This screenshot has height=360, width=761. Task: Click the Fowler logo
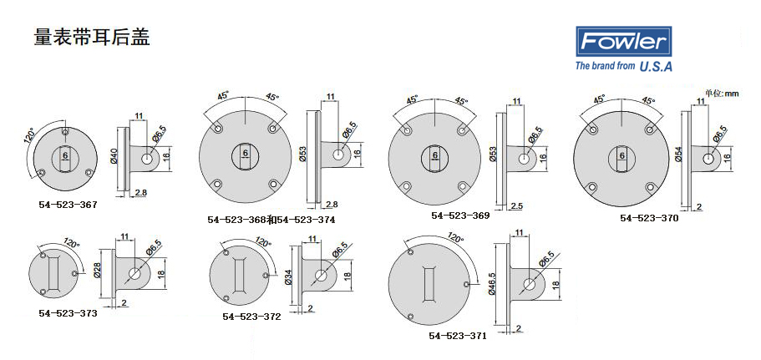[x=624, y=41]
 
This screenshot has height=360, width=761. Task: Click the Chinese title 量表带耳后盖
[x=92, y=38]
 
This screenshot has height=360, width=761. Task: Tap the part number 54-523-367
[x=68, y=205]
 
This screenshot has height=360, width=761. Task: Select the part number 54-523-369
[x=460, y=215]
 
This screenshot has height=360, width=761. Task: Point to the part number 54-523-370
[x=649, y=218]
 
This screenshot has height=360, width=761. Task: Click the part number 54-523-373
[x=68, y=313]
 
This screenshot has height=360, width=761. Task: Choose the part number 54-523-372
[x=252, y=317]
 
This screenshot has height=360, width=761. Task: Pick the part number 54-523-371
[x=457, y=336]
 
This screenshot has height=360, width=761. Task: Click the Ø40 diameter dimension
[x=114, y=156]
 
